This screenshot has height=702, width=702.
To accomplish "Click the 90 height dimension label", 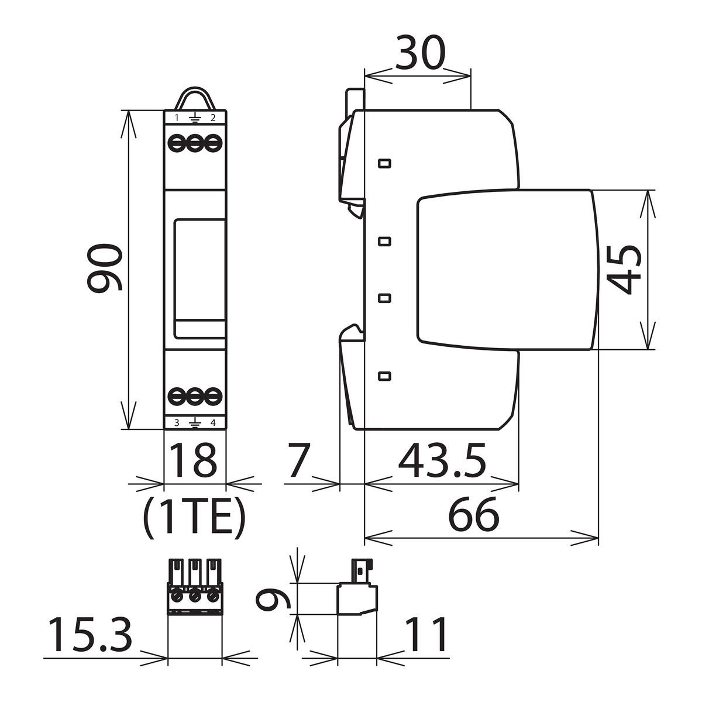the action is [105, 269].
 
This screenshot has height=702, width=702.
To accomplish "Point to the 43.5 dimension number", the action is [442, 460].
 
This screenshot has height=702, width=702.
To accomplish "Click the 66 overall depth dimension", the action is [473, 514].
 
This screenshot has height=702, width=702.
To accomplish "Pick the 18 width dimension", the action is [194, 460].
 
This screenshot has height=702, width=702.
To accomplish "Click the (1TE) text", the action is [194, 517].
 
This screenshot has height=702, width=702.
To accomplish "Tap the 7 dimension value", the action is [300, 460].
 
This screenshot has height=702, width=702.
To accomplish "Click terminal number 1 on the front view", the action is [177, 118].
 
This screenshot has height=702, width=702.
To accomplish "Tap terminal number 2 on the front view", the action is [213, 118].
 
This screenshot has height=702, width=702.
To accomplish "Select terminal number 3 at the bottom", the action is [177, 422].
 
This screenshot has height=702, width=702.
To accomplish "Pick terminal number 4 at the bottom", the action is [213, 422].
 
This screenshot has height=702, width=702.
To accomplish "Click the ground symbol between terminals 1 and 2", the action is [195, 118].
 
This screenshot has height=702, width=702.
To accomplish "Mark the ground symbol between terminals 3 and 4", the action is [195, 423].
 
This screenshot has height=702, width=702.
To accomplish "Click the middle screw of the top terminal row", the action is [195, 143].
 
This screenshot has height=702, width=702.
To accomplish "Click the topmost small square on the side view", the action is [385, 163].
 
